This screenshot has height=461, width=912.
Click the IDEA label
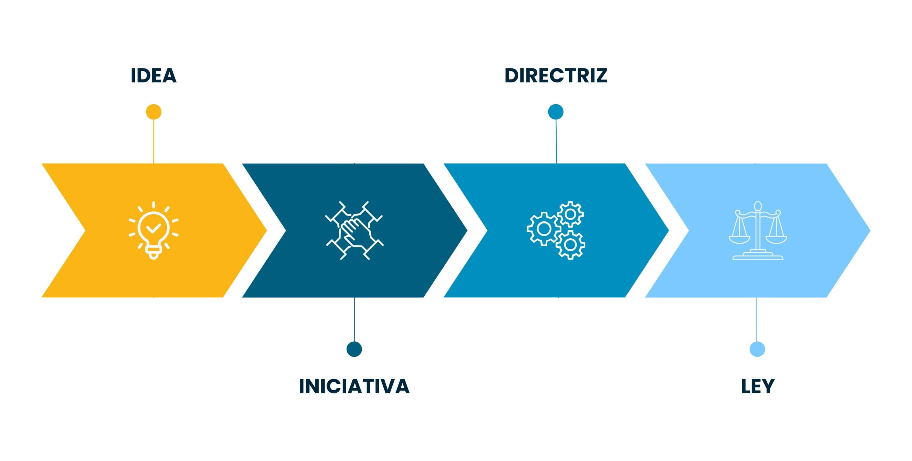(x=153, y=75)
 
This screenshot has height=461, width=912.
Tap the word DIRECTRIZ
(x=555, y=75)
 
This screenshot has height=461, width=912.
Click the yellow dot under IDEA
(x=154, y=112)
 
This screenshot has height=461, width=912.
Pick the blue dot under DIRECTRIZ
(x=555, y=112)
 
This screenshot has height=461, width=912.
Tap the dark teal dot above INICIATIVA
(x=354, y=349)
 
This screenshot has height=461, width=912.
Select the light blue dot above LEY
(x=757, y=349)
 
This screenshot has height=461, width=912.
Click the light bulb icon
(x=154, y=230)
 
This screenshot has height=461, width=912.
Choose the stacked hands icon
(x=354, y=230)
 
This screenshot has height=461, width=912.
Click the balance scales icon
(x=758, y=230)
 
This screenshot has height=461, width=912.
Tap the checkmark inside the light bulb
(x=154, y=228)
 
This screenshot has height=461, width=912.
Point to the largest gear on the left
(x=544, y=229)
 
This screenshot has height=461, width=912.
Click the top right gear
(x=570, y=214)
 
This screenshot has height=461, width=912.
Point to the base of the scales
(x=758, y=255)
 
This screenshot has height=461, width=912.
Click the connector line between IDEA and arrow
(x=154, y=141)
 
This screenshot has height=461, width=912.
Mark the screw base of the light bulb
(x=154, y=253)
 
